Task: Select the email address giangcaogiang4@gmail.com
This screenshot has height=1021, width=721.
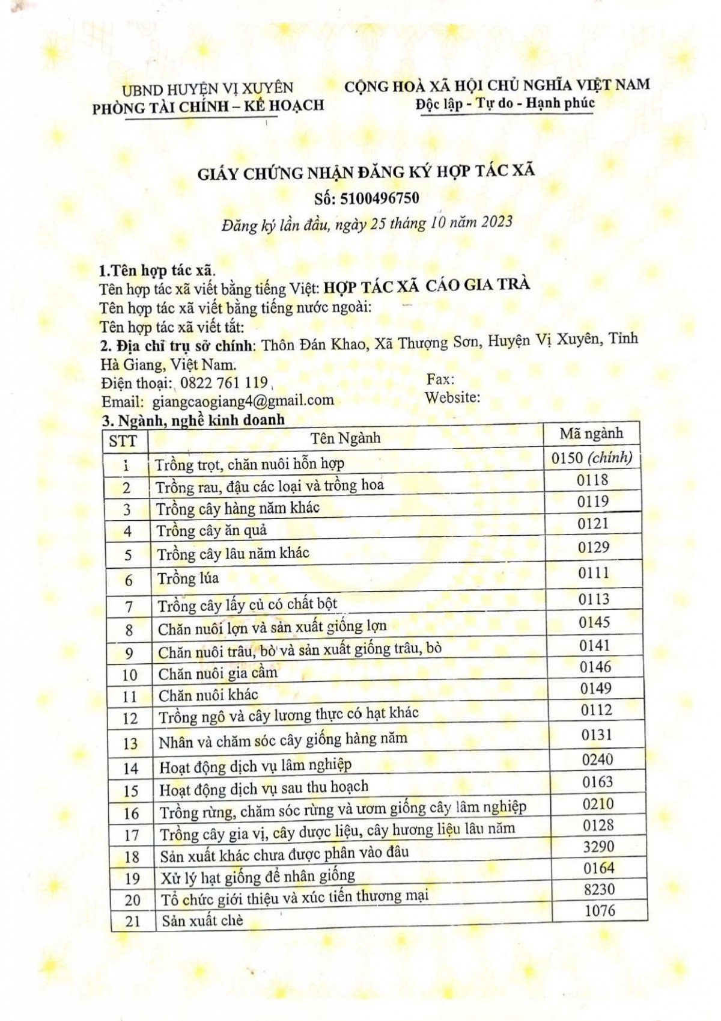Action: point(243,400)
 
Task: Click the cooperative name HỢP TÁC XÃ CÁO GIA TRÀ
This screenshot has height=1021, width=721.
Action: point(427,285)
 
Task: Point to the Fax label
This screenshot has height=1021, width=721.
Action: point(440,379)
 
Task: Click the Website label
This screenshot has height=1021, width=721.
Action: point(452,397)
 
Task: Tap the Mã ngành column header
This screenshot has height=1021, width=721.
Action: point(591,434)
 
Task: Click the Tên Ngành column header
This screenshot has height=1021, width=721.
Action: point(345,438)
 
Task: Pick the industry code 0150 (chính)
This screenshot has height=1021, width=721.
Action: point(592,458)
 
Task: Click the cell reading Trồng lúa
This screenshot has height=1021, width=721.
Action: point(188,578)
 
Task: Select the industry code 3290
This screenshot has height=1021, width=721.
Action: point(598,847)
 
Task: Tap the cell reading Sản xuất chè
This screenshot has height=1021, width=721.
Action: point(202,920)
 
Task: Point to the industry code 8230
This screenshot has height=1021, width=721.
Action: point(599,889)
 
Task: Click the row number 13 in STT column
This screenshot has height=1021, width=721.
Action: point(130,744)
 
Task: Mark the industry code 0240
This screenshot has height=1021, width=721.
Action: point(597,760)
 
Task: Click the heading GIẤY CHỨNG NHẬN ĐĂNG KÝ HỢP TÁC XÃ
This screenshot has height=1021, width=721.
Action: point(367,173)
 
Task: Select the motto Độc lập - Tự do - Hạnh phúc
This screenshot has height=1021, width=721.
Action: point(505,103)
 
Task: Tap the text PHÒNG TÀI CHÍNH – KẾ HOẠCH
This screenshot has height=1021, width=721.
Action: point(208,107)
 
